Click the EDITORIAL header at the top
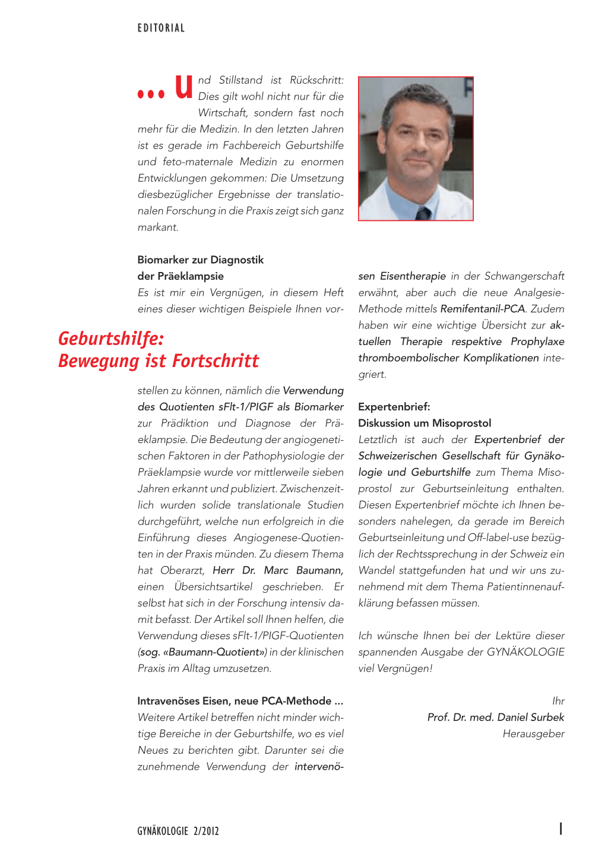161,28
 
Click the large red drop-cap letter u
184,87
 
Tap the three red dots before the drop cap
151,94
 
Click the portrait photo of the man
416,148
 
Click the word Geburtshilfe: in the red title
111,339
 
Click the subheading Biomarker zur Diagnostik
200,260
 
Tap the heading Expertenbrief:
394,407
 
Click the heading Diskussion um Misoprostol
425,423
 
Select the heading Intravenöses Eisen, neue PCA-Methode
240,701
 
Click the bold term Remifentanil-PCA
483,309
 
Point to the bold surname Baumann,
319,570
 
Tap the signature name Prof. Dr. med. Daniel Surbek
495,717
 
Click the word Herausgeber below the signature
533,733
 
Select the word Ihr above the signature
558,701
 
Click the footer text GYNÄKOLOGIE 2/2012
178,831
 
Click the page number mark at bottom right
560,829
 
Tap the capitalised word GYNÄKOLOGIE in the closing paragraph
525,652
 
